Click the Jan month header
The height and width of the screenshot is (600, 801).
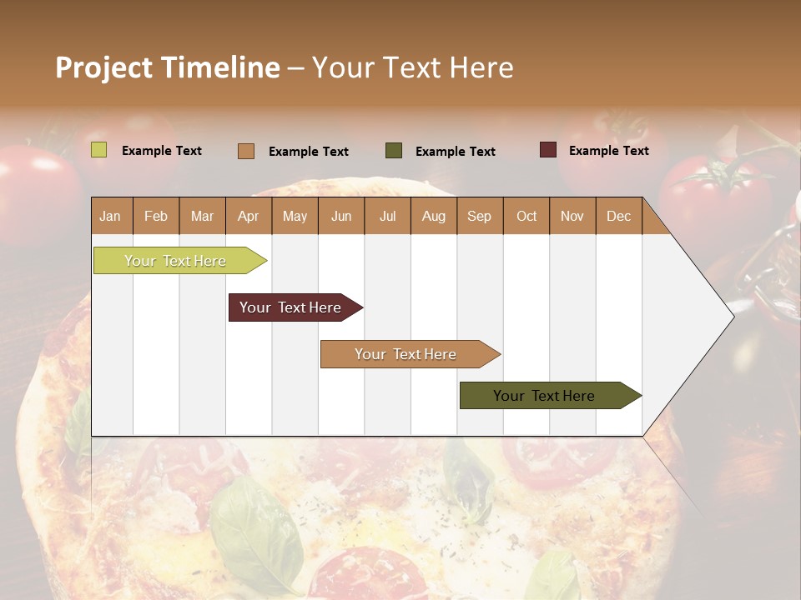pos(110,216)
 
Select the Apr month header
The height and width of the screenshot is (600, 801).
pos(248,216)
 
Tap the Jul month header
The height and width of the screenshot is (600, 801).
pos(387,216)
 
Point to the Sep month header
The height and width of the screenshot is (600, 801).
pos(479,216)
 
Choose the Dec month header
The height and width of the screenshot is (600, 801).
pos(618,216)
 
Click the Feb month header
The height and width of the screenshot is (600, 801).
pos(156,216)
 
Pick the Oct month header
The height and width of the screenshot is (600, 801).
pos(526,216)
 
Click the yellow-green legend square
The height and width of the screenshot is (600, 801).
pos(99,150)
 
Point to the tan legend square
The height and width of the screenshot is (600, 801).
pos(246,151)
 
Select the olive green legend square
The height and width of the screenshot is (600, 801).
pos(394,150)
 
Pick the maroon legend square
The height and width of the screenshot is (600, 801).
pos(548,150)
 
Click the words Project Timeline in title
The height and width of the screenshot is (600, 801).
pos(168,67)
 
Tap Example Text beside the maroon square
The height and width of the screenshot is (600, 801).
pos(608,151)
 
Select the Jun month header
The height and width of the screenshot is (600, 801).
pos(341,216)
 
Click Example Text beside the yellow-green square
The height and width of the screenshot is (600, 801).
pos(161,151)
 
